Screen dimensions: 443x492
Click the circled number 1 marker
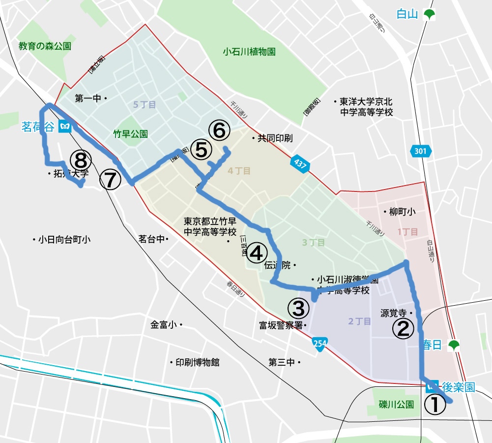coord(435,405)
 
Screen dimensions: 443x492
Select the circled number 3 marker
coord(298,309)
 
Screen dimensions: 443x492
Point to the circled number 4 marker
coord(256,253)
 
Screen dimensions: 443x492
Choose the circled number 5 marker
coord(201,150)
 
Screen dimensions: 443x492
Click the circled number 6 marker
coord(219,130)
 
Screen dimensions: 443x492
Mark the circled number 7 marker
coord(110,180)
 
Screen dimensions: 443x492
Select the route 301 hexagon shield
coord(420,152)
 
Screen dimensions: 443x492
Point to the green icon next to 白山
coord(430,15)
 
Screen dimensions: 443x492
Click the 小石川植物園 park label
coord(249,51)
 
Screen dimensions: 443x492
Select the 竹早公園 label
coord(131,133)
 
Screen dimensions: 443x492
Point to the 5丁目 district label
coord(145,104)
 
